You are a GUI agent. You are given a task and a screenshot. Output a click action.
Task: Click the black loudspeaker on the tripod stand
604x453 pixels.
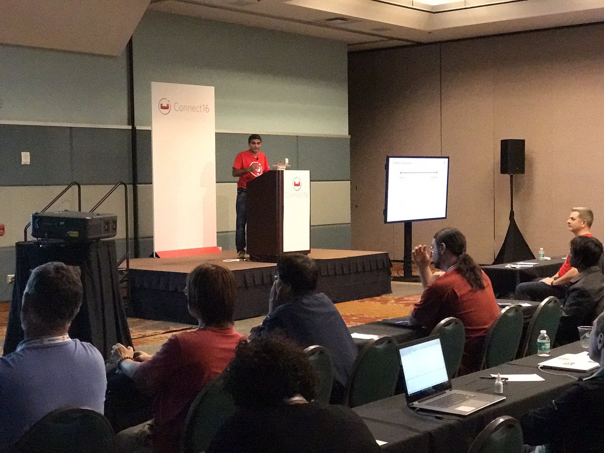pyautogui.click(x=512, y=157)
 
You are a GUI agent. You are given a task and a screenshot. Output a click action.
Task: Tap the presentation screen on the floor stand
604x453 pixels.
pyautogui.click(x=416, y=189)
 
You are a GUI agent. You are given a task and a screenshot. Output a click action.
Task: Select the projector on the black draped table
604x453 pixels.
pyautogui.click(x=73, y=225)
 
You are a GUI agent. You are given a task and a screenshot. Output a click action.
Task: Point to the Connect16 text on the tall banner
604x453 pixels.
pyautogui.click(x=191, y=107)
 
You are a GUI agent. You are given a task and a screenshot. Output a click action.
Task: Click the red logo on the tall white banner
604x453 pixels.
pyautogui.click(x=165, y=106)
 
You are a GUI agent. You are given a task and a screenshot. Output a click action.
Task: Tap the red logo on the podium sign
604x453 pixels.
pyautogui.click(x=297, y=183)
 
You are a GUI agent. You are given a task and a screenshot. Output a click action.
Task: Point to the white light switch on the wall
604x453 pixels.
pyautogui.click(x=25, y=158)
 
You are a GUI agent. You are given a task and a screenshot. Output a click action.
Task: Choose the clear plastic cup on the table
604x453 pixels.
pyautogui.click(x=584, y=336)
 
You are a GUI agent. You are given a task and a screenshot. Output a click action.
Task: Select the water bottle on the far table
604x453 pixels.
pyautogui.click(x=542, y=253)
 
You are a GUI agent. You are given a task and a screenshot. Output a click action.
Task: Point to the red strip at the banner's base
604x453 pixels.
pyautogui.click(x=188, y=252)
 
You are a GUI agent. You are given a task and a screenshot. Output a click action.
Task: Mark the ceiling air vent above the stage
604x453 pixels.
pyautogui.click(x=336, y=20)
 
